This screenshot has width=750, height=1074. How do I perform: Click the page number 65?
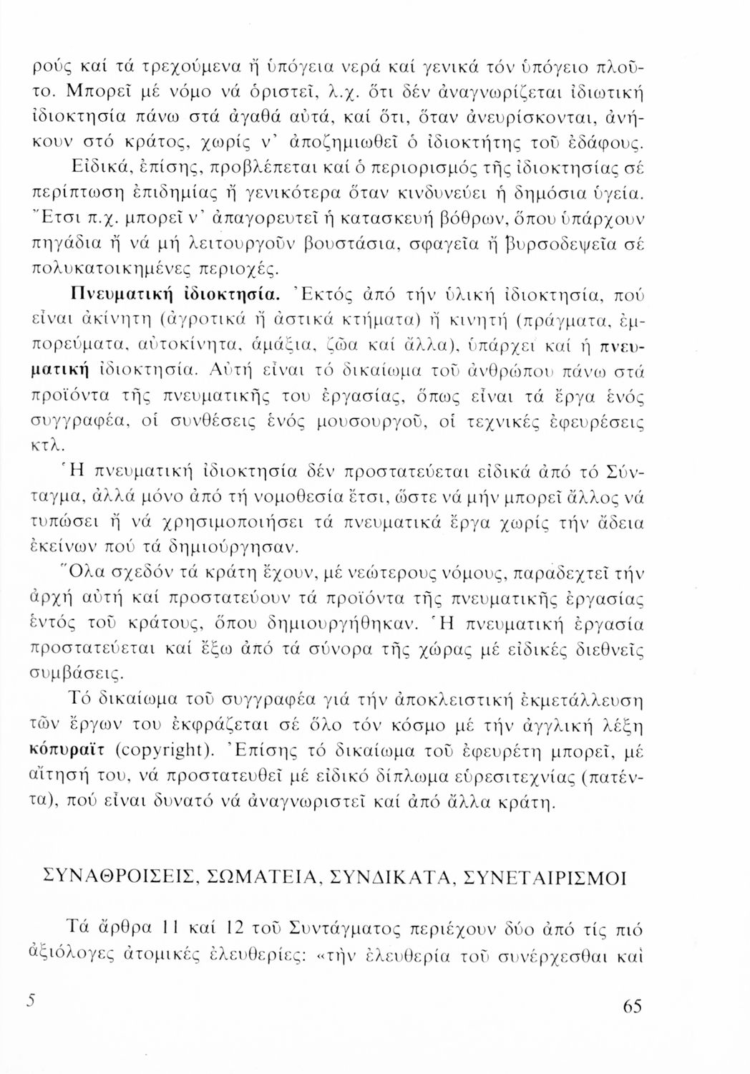(x=632, y=1006)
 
